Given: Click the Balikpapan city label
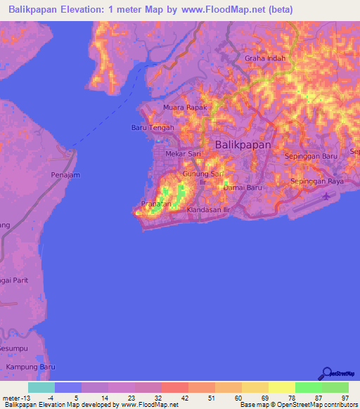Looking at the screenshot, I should [x=243, y=143].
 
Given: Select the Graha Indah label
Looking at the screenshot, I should [x=265, y=59].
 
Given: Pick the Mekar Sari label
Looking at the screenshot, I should [x=183, y=153].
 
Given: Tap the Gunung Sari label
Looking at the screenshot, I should [x=202, y=174].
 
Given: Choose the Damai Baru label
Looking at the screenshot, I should [x=243, y=188].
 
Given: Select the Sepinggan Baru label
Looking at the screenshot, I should [x=311, y=156].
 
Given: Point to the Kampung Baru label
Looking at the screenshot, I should [x=30, y=368].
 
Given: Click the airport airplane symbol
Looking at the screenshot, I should [x=326, y=196].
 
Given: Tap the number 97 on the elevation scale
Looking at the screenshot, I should [x=345, y=399].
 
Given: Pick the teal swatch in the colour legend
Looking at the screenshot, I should [x=41, y=387].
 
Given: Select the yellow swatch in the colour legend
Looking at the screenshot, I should [x=281, y=387].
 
